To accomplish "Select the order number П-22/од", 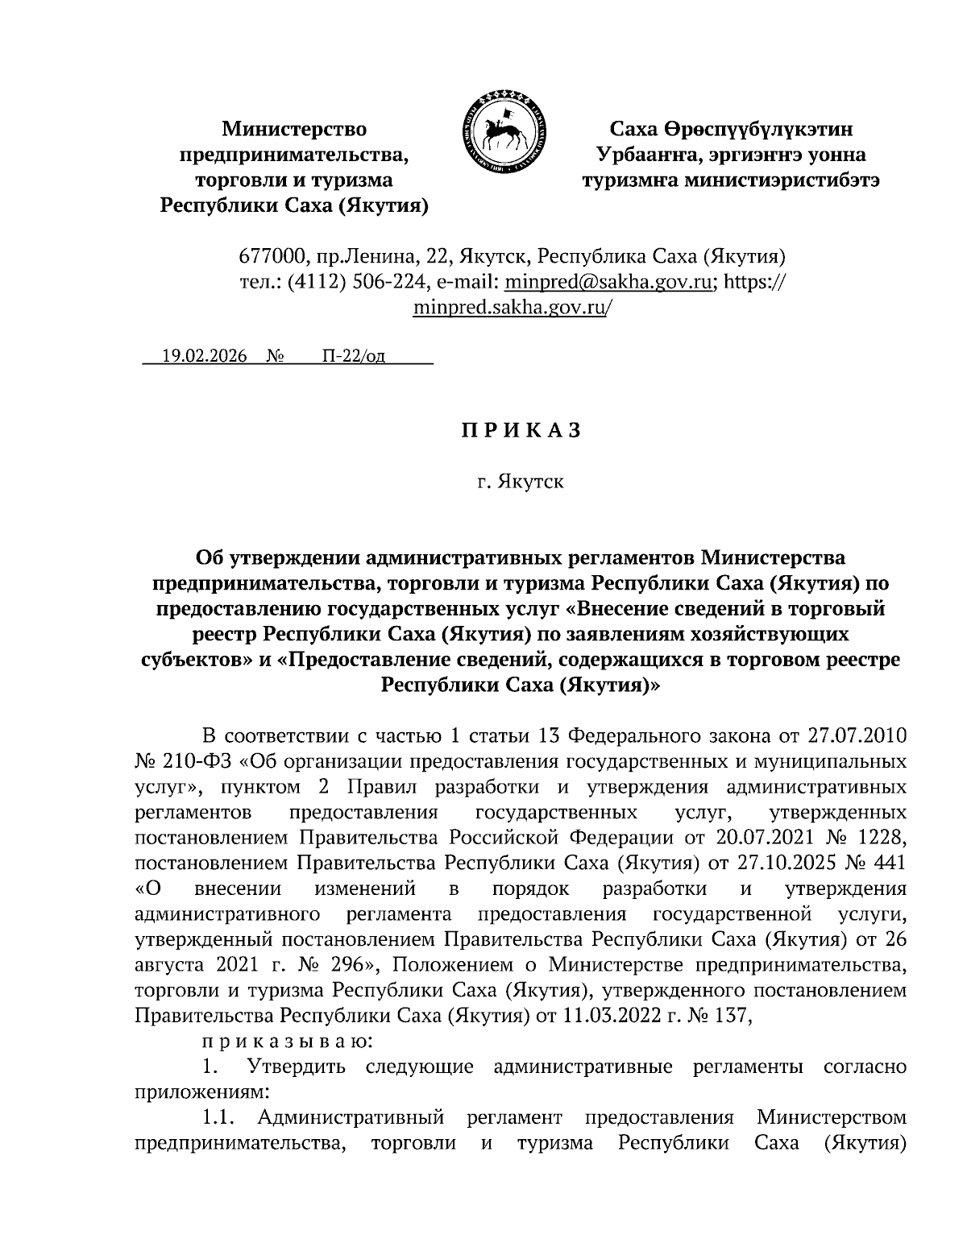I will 353,357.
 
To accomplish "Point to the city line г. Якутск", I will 520,483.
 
